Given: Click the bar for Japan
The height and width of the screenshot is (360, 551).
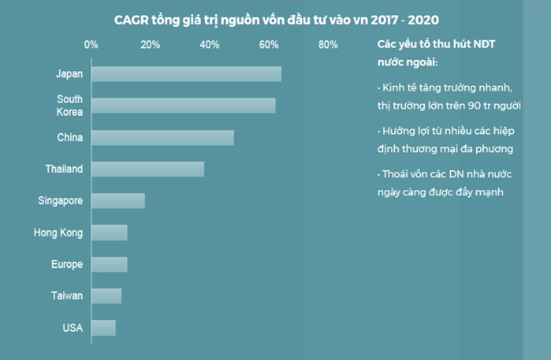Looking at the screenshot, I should click(186, 74).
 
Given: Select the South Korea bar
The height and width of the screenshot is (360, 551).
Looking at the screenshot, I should click(183, 106).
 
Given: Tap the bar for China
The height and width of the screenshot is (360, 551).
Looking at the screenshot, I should click(162, 137).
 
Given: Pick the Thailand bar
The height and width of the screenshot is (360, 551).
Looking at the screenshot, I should click(147, 169).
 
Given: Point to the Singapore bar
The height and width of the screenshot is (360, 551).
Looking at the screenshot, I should click(118, 200).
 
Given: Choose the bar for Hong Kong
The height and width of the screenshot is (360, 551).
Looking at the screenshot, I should click(109, 232).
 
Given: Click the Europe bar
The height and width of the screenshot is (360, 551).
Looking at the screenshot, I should click(109, 264).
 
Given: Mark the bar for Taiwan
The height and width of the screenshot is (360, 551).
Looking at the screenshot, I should click(106, 295).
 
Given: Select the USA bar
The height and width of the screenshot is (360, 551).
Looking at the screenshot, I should click(103, 328).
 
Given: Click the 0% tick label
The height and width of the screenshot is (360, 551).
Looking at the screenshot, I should click(91, 44).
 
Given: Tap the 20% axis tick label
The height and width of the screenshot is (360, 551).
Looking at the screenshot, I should click(150, 44).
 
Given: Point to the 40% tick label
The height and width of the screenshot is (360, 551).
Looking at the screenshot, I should click(210, 44).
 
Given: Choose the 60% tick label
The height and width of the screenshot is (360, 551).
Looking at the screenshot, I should click(269, 44).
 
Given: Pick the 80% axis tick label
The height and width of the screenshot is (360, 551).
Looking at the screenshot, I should click(328, 44).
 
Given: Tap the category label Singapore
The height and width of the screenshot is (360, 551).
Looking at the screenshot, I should click(60, 201).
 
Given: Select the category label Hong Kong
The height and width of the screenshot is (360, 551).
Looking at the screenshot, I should click(58, 232).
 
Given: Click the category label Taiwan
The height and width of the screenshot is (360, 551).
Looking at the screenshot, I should click(67, 295).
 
